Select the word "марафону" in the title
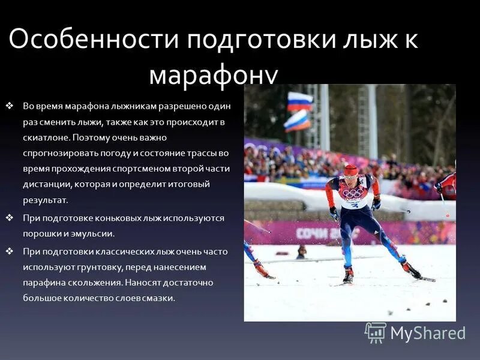[213, 74]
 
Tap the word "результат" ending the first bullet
[45, 200]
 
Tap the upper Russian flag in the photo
[299, 101]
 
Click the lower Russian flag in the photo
[297, 121]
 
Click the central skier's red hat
[351, 170]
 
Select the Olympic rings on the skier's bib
[352, 194]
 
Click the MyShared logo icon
[376, 332]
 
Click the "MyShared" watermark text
[428, 333]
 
